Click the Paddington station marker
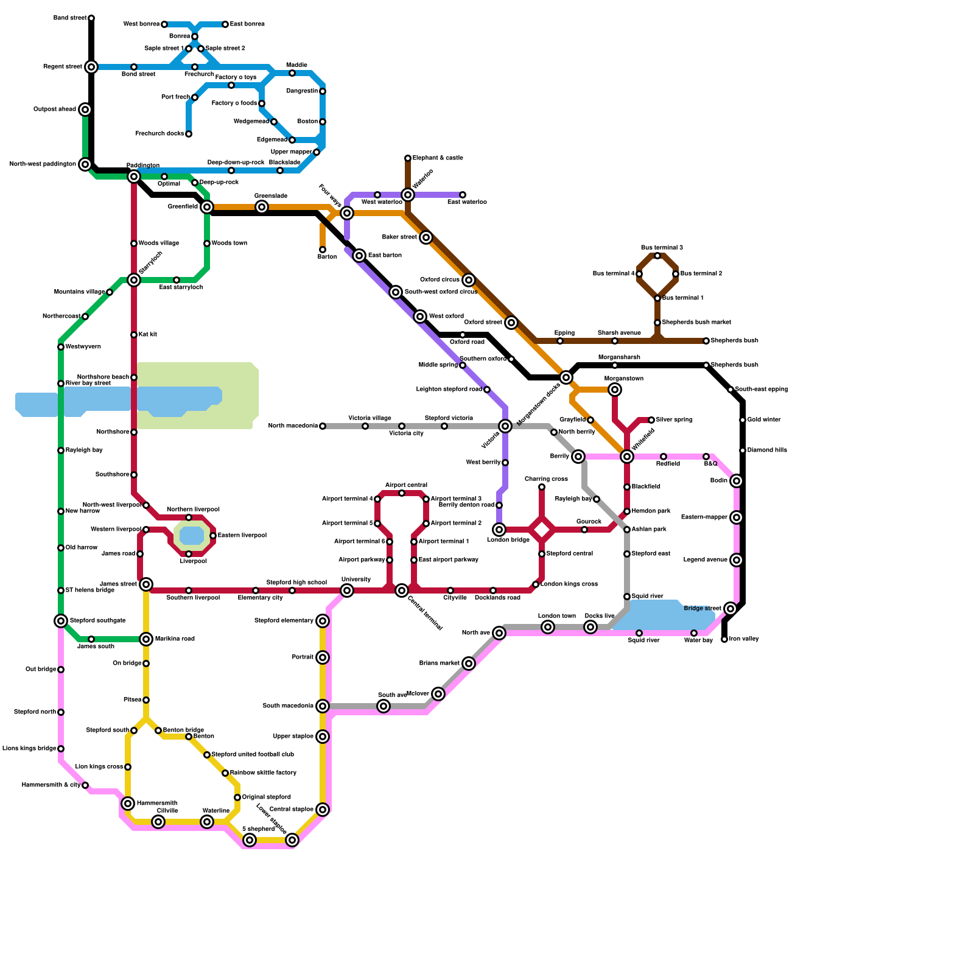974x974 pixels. point(134,177)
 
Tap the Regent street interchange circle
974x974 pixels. point(91,67)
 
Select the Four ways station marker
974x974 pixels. point(347,213)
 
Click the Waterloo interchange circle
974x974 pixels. point(408,195)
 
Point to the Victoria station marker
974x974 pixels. point(505,426)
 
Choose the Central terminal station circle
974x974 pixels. point(402,590)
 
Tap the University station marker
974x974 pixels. point(347,590)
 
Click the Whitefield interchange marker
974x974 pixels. point(627,457)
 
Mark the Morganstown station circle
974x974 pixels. point(615,390)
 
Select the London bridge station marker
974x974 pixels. point(499,530)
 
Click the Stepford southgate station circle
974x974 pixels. point(61,621)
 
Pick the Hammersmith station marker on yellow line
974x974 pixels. point(128,804)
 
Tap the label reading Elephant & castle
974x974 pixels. point(438,158)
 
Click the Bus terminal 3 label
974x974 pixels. point(662,248)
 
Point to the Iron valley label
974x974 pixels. point(744,639)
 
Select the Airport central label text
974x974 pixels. point(406,485)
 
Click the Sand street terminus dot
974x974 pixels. point(91,18)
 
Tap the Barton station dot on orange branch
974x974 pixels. point(323,250)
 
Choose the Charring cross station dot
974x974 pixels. point(542,487)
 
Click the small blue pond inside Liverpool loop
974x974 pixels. point(192,536)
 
